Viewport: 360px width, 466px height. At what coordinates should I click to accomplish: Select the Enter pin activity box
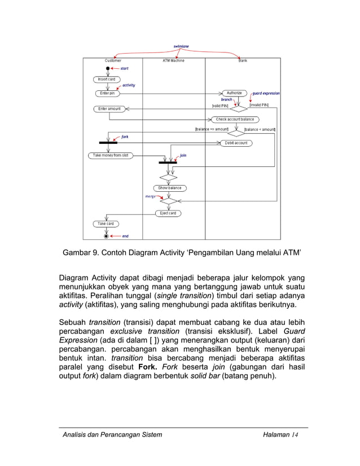pos(107,93)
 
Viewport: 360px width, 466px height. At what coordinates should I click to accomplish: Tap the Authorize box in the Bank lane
pos(234,93)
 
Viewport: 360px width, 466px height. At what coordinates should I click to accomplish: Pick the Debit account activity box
pos(236,143)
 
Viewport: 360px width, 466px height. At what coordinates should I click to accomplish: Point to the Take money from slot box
pos(111,155)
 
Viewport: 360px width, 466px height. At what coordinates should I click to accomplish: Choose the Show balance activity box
pos(169,188)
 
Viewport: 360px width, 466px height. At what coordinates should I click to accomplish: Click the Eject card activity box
pos(168,213)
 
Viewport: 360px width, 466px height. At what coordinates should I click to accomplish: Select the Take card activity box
pos(106,224)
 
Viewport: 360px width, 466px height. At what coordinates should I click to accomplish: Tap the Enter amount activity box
pos(109,108)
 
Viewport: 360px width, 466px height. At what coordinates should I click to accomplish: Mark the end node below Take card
pos(106,236)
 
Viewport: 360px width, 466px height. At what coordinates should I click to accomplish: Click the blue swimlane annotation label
pos(181,46)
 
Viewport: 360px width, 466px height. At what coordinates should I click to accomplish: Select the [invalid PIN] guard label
pos(259,105)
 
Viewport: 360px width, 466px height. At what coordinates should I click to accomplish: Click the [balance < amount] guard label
pos(259,129)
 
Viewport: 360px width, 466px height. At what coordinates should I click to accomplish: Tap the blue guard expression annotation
pos(266,94)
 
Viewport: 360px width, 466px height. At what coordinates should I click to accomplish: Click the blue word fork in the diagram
pos(125,137)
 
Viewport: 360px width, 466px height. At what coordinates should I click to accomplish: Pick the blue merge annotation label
pos(151,196)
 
